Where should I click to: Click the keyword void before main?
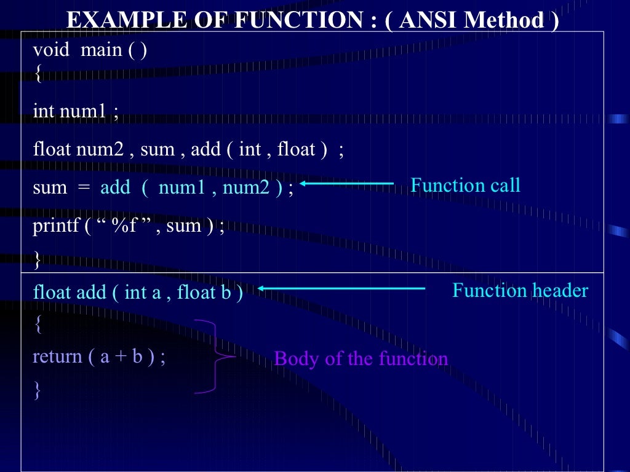(52, 50)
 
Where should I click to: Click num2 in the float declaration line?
(100, 149)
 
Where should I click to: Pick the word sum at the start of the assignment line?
(50, 187)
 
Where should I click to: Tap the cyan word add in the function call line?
(115, 187)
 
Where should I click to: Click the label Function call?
(465, 185)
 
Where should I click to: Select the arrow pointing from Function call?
(347, 183)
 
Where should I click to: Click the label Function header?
(520, 290)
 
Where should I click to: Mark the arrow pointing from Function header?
(341, 288)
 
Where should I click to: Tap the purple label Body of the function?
(361, 358)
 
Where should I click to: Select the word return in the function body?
(57, 356)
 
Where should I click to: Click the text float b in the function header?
(204, 293)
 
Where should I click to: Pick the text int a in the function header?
(142, 293)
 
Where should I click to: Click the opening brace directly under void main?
(38, 75)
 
